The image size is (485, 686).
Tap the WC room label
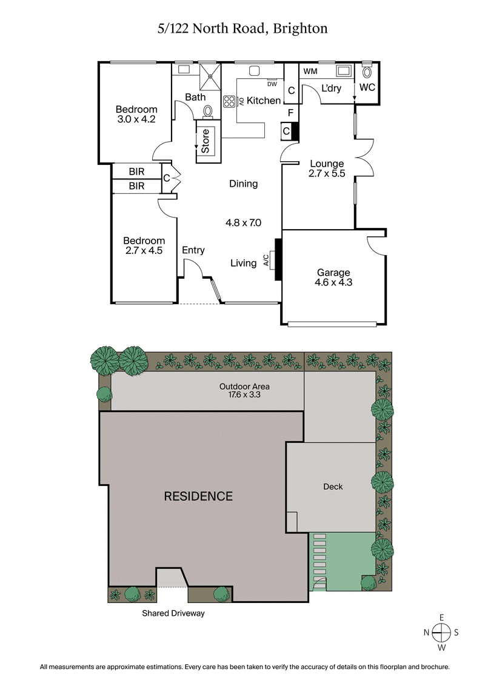[x=367, y=87]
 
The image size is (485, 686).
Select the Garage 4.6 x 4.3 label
[x=333, y=277]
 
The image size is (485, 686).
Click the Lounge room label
[x=327, y=164]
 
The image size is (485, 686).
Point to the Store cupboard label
[x=206, y=141]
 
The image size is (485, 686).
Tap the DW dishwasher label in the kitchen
[x=272, y=84]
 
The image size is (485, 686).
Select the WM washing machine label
[x=310, y=72]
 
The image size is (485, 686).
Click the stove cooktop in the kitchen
[x=229, y=101]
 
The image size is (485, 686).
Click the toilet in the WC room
[x=367, y=71]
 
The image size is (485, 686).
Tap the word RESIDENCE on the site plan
[x=198, y=496]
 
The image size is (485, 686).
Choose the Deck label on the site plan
[x=332, y=487]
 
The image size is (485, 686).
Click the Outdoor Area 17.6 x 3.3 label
[x=244, y=391]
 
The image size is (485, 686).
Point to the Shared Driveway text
[x=173, y=613]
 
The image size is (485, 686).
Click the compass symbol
[x=442, y=632]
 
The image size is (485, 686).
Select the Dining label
[x=243, y=184]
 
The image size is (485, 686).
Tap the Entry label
[x=193, y=250]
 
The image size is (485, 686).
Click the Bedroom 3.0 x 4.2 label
[x=136, y=115]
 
